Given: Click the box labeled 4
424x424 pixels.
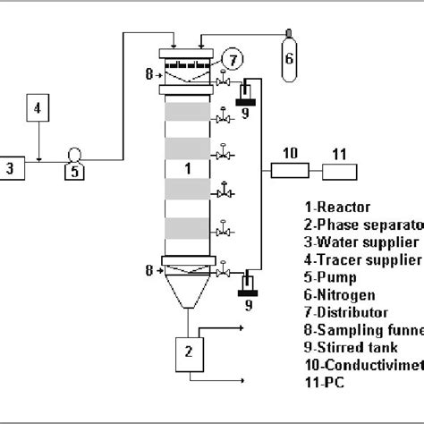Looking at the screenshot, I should [x=38, y=110].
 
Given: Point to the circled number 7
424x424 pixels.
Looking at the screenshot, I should [x=233, y=61].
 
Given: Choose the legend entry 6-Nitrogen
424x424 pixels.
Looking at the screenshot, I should [x=338, y=295].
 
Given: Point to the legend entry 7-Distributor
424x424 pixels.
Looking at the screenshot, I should [x=344, y=313].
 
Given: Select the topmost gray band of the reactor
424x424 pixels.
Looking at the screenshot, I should [x=187, y=114].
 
